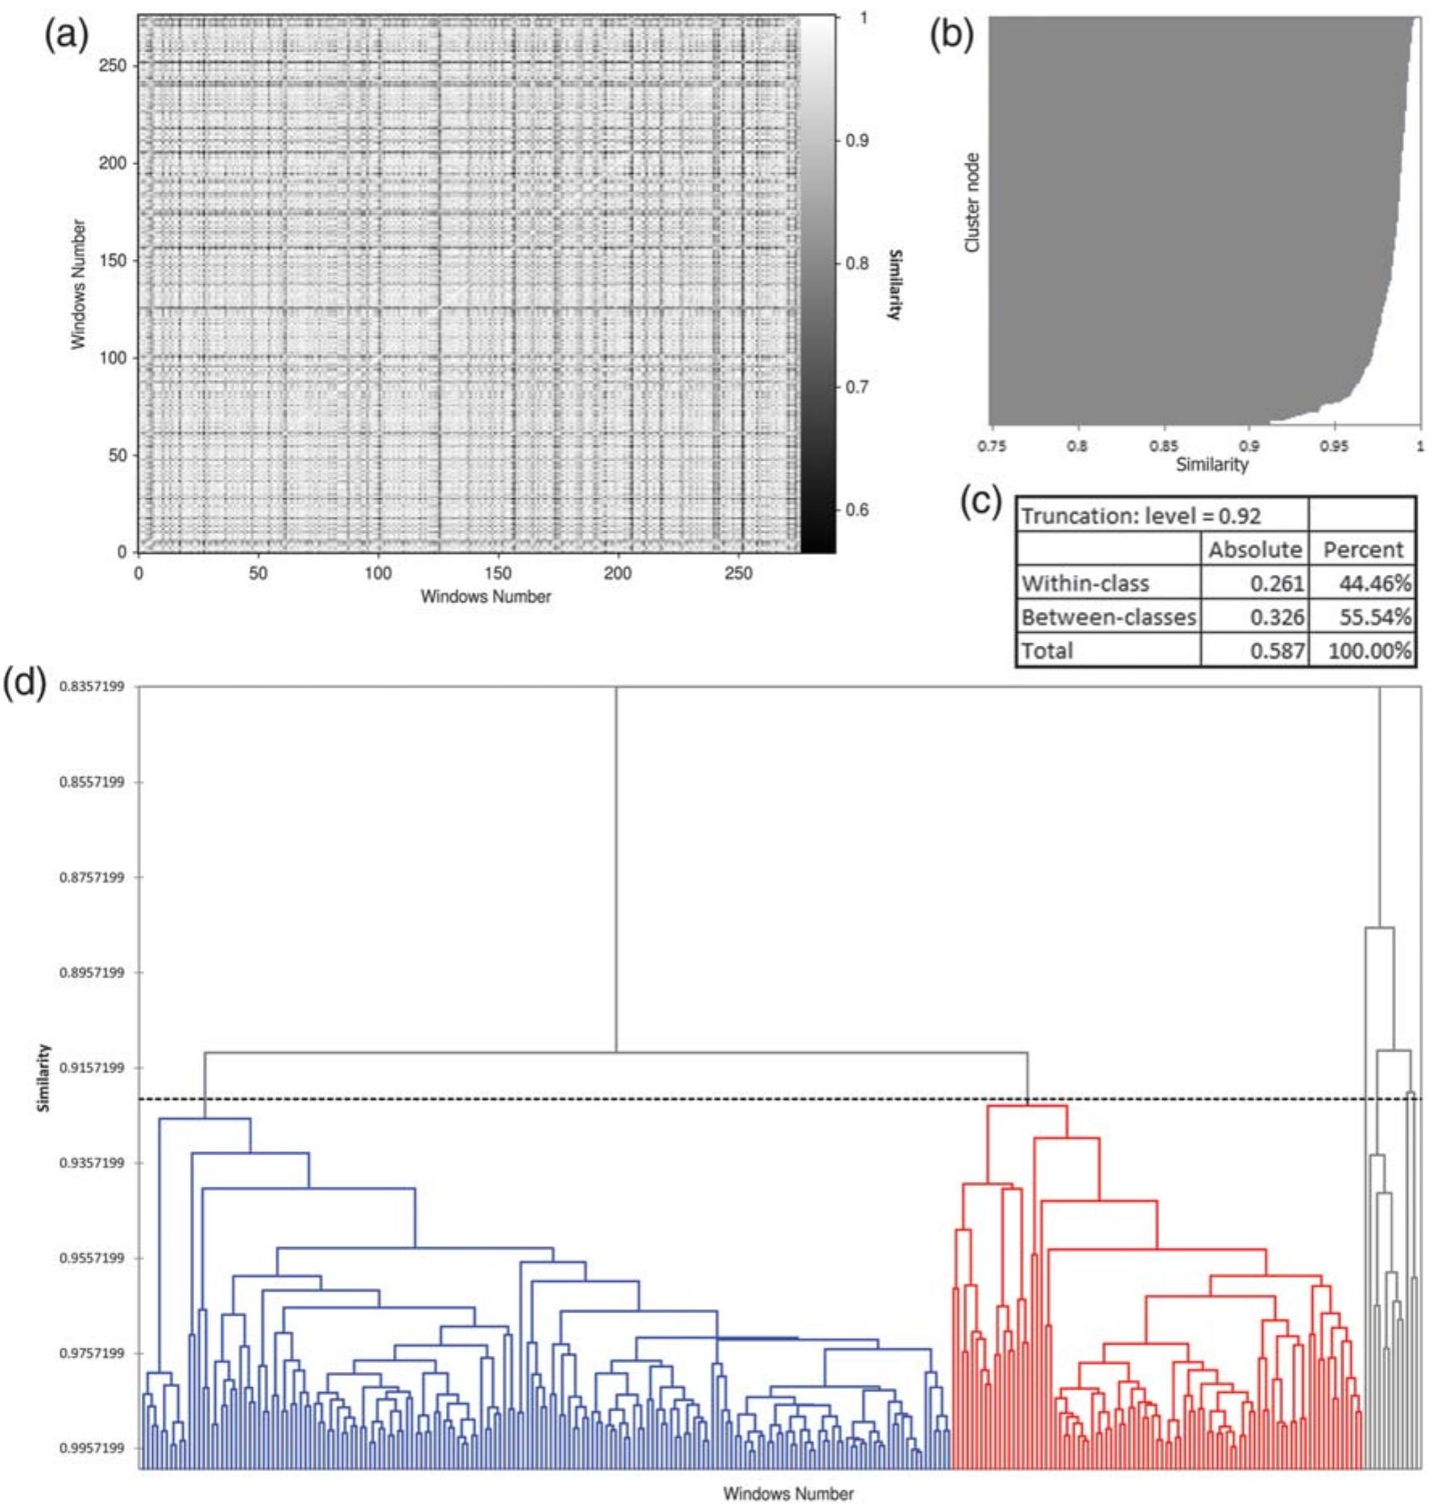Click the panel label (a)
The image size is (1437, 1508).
point(66,36)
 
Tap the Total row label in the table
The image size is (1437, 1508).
point(1047,651)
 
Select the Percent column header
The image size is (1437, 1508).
point(1363,549)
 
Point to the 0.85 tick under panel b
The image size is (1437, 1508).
point(1163,446)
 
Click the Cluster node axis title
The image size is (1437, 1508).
point(972,202)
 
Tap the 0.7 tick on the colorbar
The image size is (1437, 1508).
point(857,387)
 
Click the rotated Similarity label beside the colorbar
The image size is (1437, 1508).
point(894,284)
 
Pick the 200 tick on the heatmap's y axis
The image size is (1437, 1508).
point(112,163)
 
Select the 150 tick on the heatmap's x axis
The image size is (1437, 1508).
point(498,572)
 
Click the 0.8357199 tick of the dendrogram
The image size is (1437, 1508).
point(92,687)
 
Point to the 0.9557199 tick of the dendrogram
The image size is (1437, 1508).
point(92,1258)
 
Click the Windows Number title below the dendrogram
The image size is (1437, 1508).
point(787,1493)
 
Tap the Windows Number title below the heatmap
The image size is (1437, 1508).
point(485,597)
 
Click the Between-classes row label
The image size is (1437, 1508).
point(1108,617)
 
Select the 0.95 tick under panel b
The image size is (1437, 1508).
point(1333,446)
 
